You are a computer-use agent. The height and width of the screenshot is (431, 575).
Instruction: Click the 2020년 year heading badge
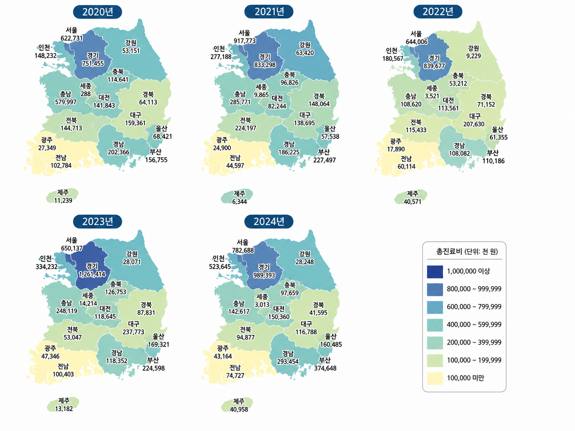tap(97, 12)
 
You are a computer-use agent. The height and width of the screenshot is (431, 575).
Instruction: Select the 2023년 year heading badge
tap(97, 221)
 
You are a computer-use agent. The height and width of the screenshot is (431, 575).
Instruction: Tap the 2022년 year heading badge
tap(438, 12)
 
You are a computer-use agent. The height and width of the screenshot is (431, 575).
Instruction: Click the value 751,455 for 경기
tap(93, 63)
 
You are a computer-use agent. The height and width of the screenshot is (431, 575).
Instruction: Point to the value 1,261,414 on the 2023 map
tap(92, 274)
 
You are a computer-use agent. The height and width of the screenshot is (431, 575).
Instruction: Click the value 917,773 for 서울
tap(245, 41)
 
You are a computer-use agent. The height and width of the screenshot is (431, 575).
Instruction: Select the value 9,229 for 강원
tap(473, 56)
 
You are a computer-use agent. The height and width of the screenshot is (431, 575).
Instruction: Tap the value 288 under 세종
tap(86, 94)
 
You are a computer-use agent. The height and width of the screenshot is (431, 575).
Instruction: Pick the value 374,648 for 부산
tap(325, 368)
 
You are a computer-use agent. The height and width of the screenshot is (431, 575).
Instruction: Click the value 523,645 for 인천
tap(220, 267)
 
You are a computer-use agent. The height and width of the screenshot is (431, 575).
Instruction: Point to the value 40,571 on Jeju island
tap(412, 202)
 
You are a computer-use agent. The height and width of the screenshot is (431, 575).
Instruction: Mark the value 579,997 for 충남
tap(66, 102)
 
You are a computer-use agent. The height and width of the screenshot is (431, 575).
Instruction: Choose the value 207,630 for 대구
tap(474, 124)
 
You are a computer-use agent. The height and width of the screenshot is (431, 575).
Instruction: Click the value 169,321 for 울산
tap(158, 344)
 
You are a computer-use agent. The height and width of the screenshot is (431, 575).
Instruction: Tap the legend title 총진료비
tap(450, 252)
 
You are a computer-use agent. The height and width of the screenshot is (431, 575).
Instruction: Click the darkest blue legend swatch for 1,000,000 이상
tap(435, 271)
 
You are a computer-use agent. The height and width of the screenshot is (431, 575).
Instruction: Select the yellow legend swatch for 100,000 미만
tap(435, 378)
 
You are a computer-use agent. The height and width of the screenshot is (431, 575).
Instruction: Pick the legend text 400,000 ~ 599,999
tap(474, 325)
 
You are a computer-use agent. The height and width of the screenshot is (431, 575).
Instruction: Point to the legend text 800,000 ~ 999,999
tap(474, 289)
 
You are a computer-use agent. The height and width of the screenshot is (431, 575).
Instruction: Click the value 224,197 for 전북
tap(245, 128)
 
